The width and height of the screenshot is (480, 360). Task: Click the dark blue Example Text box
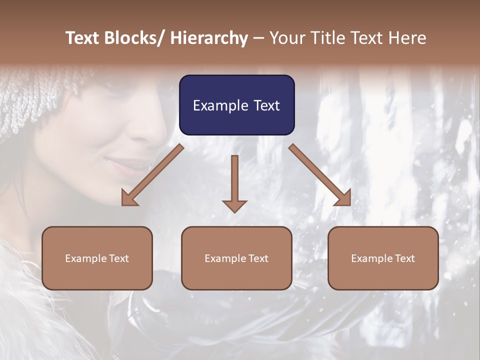point(236,105)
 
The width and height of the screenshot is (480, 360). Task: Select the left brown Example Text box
point(97,258)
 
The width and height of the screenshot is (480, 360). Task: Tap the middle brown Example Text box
point(236,258)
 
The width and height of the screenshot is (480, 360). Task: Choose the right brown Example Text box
point(383,258)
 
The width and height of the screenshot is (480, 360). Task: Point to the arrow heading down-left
point(152,175)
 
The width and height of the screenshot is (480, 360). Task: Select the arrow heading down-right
point(320,175)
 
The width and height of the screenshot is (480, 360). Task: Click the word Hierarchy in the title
point(209,38)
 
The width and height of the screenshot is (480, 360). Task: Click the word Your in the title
point(287,38)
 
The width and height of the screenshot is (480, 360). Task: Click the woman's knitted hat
point(35,100)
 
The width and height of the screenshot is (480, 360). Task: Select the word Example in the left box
point(85,258)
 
